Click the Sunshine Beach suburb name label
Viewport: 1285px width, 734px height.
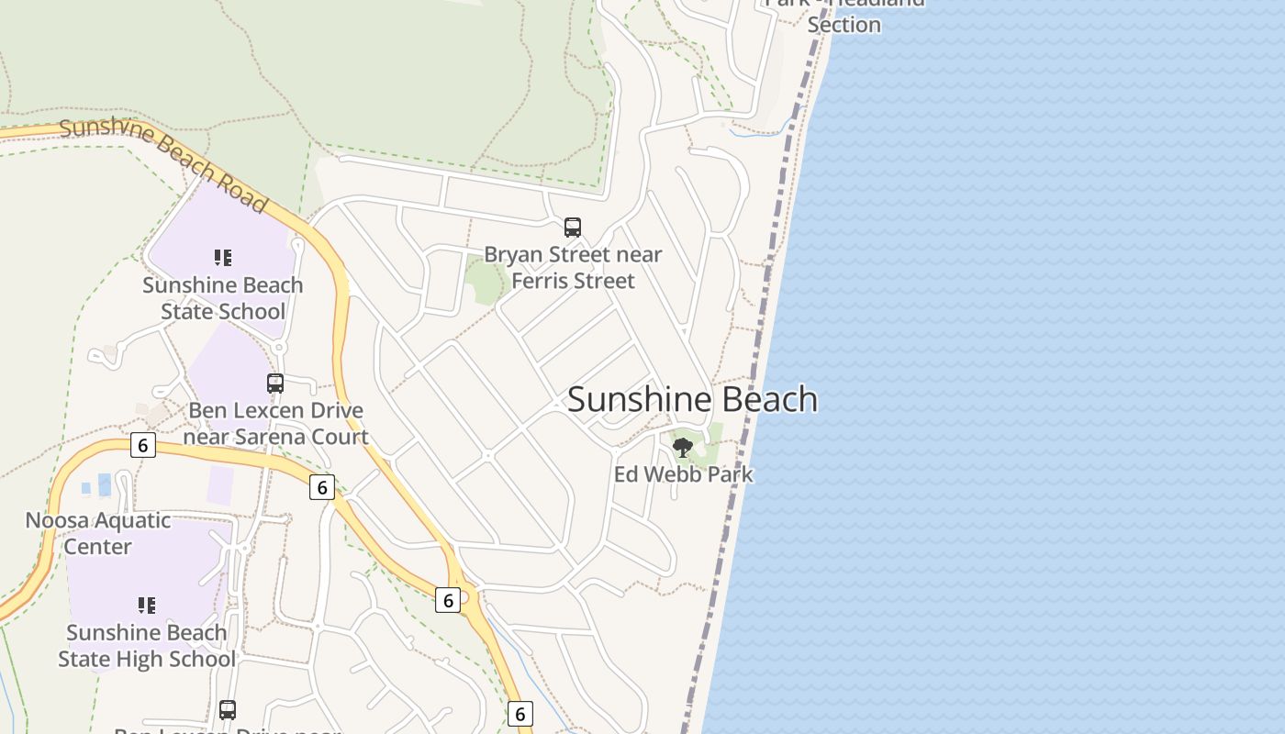[x=692, y=399]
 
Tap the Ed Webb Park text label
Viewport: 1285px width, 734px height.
[x=683, y=474]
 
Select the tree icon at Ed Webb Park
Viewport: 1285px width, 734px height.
[x=682, y=448]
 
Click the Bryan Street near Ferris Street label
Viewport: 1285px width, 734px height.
[x=573, y=267]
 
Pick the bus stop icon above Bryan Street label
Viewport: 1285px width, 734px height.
[x=573, y=227]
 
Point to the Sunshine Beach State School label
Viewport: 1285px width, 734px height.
[x=222, y=298]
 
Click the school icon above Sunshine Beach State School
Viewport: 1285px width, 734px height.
[x=223, y=258]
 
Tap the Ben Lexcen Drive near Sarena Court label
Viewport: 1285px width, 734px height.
[x=275, y=423]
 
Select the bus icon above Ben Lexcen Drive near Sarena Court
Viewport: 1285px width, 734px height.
[x=275, y=384]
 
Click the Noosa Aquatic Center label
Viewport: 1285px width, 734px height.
[x=97, y=533]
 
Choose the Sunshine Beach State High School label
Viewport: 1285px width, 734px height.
[x=147, y=646]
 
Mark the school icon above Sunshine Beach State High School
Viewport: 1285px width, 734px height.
[x=147, y=606]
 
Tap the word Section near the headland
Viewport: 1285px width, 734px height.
[x=844, y=25]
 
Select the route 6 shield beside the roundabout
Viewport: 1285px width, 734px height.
[x=447, y=601]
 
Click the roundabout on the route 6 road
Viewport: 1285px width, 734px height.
[x=468, y=597]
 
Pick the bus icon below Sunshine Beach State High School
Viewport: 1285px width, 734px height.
[x=228, y=709]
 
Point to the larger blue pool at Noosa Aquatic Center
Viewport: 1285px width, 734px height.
[x=104, y=484]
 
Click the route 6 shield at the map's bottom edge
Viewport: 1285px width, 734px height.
[x=520, y=714]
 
